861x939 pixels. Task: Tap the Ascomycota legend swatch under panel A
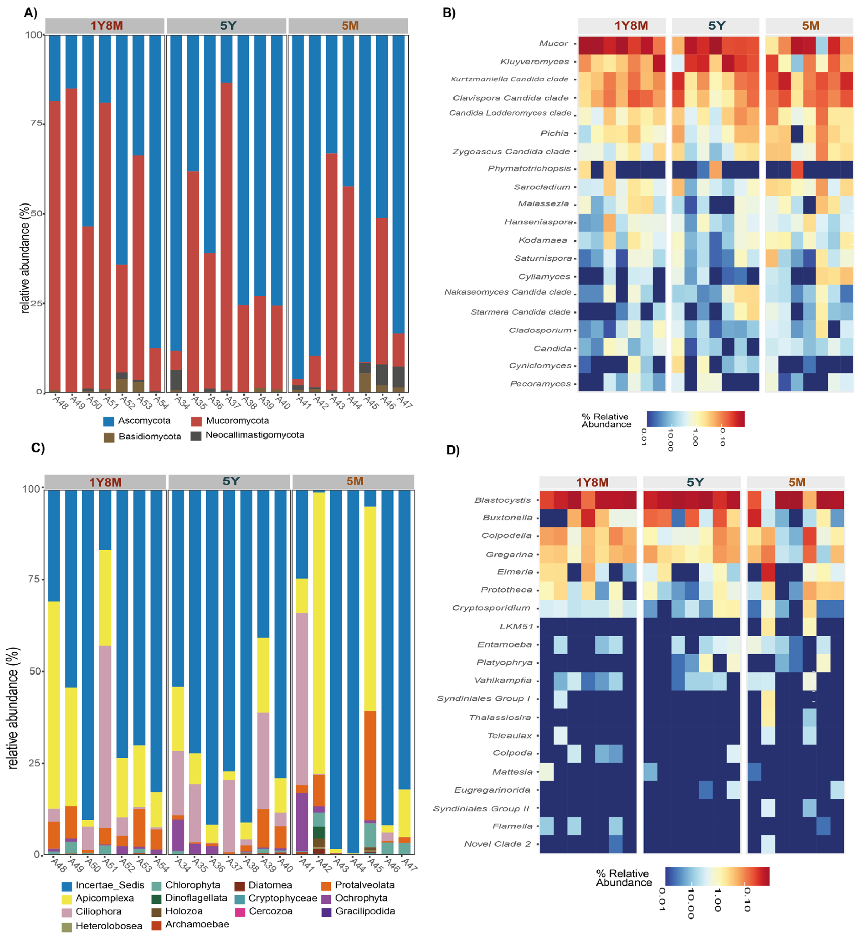coord(109,421)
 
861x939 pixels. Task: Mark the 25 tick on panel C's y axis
coord(34,763)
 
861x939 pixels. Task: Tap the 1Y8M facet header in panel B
coord(631,26)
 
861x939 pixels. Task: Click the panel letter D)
coord(453,450)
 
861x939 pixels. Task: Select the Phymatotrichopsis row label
coord(529,169)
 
